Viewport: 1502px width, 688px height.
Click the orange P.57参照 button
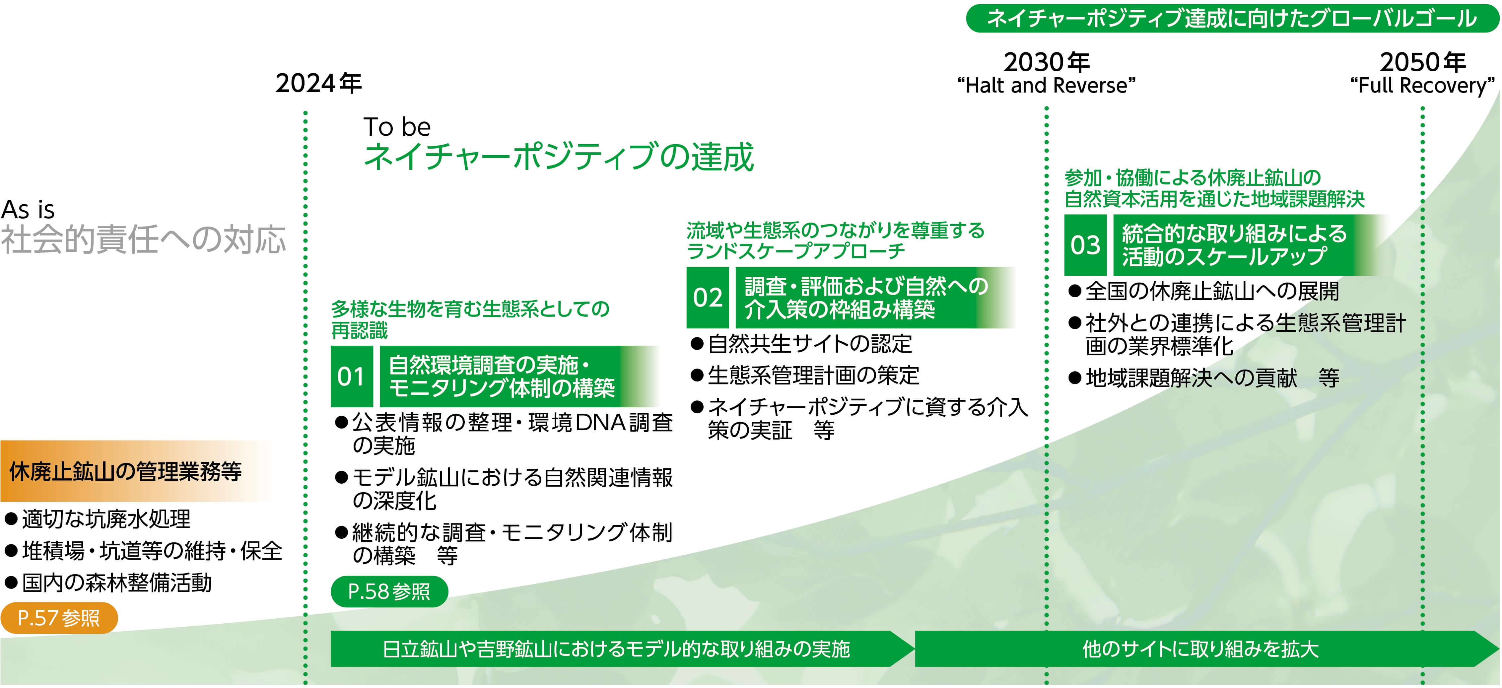[x=59, y=617]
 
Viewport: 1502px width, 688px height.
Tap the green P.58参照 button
[x=389, y=591]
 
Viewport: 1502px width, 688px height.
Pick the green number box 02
[x=707, y=297]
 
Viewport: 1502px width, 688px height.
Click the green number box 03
[x=1085, y=245]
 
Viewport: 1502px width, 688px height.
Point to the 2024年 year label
[x=319, y=83]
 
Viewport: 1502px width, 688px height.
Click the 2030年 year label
[x=1047, y=62]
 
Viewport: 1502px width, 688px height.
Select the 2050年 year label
[x=1423, y=62]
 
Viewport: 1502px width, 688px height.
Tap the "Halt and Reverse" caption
[x=1047, y=86]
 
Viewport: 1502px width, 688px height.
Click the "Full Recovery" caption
[x=1423, y=86]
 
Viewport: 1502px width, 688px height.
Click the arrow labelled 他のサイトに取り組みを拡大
[x=1207, y=648]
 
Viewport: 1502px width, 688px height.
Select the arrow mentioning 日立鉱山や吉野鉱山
[x=623, y=648]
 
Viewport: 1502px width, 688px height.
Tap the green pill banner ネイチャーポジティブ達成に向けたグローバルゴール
[x=1232, y=18]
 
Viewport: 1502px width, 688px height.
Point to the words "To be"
[x=397, y=126]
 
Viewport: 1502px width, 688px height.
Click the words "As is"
[x=28, y=209]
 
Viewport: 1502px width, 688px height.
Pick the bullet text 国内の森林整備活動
[x=108, y=583]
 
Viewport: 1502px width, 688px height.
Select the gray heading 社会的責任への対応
[x=143, y=239]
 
